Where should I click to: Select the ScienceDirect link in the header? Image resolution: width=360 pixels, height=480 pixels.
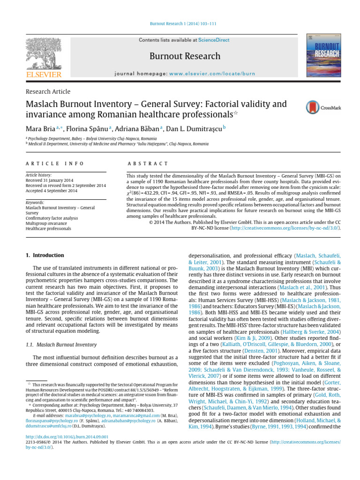point(214,40)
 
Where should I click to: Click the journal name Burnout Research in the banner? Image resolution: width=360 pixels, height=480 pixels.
point(185,56)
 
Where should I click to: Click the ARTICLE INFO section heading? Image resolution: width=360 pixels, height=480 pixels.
point(54,163)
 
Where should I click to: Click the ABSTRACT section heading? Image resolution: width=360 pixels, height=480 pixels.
point(147,163)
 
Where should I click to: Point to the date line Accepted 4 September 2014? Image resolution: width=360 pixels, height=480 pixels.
point(52,191)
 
